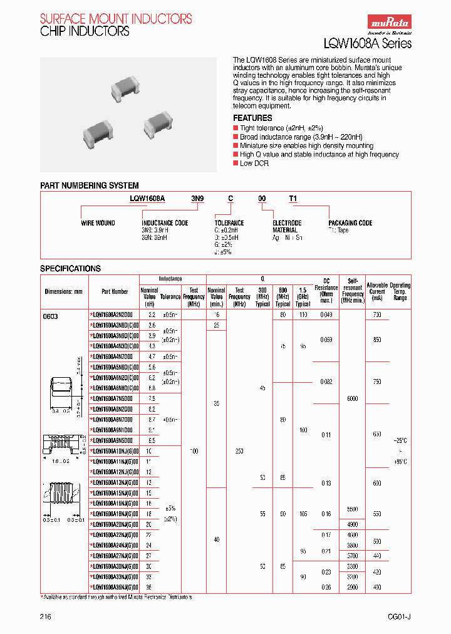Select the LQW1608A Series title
click(x=367, y=43)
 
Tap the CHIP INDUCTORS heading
click(x=85, y=31)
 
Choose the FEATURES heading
click(x=252, y=118)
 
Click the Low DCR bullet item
click(x=254, y=163)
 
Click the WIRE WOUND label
click(x=98, y=223)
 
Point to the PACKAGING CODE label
click(x=350, y=223)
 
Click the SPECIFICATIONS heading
click(x=70, y=268)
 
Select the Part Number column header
click(x=115, y=291)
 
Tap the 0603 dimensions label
click(x=50, y=316)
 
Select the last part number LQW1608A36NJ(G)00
click(x=115, y=587)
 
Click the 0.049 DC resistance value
click(x=326, y=314)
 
